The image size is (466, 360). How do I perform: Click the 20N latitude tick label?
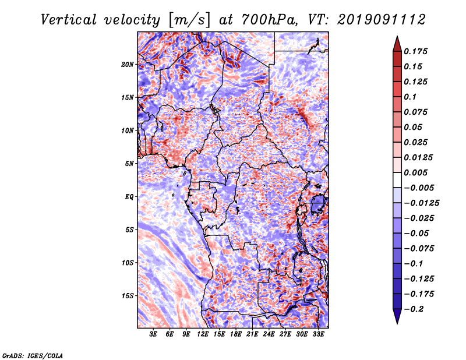[128, 65]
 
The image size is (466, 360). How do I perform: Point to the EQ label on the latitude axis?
[129, 197]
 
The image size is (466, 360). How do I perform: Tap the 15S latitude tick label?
[128, 296]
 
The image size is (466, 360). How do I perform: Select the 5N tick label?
[129, 164]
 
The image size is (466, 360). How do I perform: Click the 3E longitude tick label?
[153, 334]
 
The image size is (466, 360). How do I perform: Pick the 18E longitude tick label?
[236, 334]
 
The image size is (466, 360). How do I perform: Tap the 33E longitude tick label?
[318, 334]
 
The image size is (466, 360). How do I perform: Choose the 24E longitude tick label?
[269, 334]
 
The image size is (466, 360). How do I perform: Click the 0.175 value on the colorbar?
[415, 51]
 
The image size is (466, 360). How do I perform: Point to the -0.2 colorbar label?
[414, 309]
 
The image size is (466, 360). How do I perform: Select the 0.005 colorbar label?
[415, 172]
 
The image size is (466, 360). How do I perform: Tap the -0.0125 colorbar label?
[421, 203]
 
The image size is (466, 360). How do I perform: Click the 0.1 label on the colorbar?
[410, 97]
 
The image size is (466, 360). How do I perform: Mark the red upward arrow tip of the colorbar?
[397, 37]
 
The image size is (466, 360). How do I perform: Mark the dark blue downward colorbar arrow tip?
[397, 323]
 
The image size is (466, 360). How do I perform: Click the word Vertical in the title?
[69, 20]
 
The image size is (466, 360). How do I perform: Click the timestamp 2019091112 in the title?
[382, 20]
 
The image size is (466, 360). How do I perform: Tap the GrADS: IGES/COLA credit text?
[33, 355]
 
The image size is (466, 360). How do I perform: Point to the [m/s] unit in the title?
[189, 20]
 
